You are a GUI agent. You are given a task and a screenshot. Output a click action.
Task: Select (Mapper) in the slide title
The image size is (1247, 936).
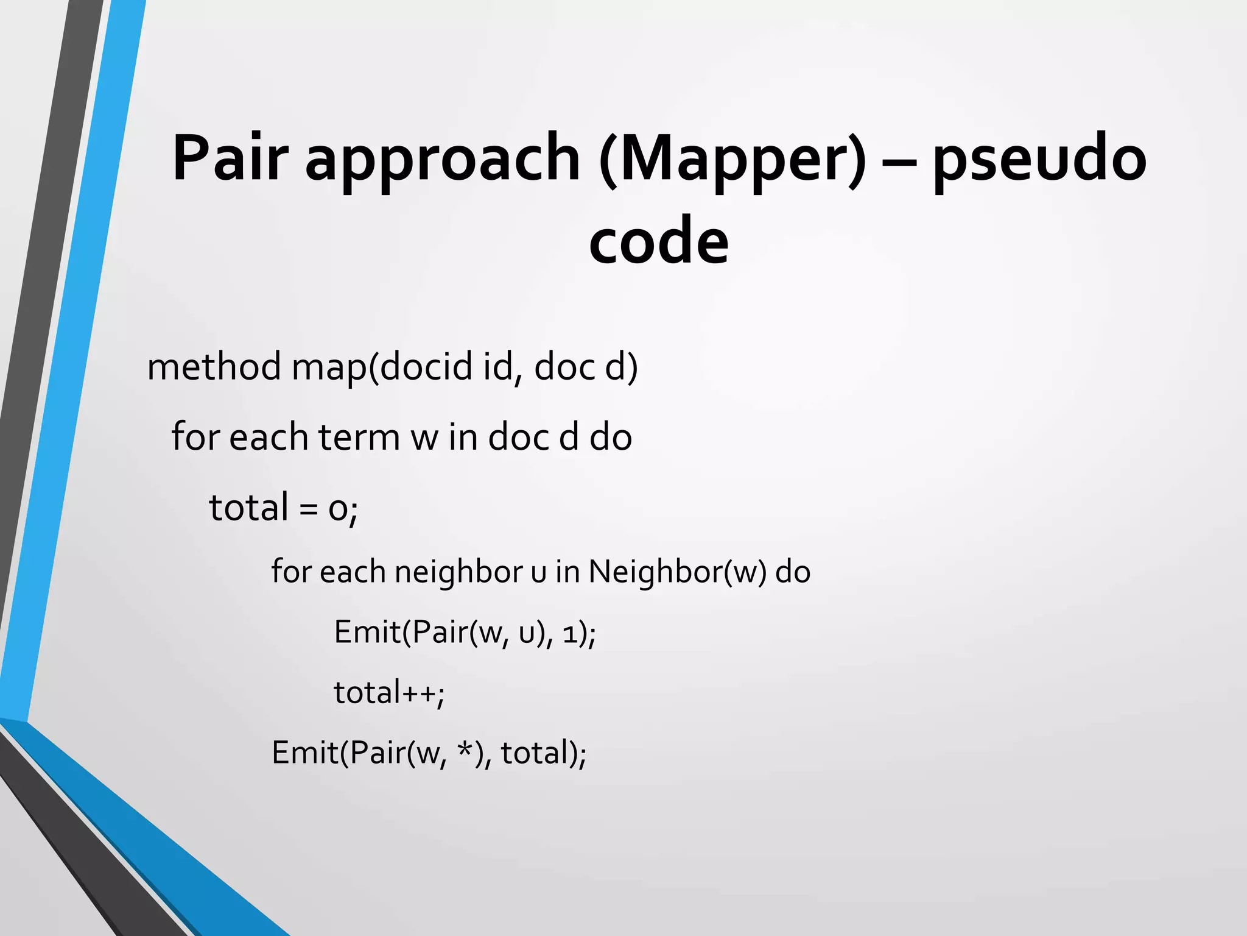point(732,160)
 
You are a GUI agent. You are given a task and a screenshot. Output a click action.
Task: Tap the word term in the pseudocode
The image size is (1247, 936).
point(358,438)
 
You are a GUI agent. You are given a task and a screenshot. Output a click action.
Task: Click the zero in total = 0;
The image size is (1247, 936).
point(337,509)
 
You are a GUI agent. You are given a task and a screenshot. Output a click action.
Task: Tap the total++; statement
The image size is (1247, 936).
point(389,693)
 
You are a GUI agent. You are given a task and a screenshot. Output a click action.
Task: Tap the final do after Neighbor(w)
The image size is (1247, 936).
point(793,572)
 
